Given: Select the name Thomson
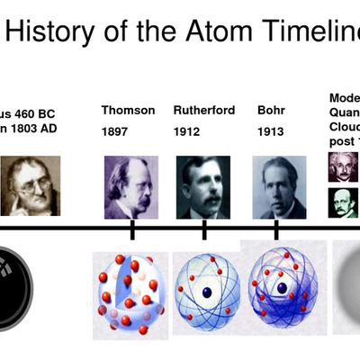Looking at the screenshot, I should [128, 111].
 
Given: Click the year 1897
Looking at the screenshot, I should [117, 131].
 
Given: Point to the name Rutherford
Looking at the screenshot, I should [204, 111].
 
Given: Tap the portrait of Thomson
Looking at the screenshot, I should [130, 187].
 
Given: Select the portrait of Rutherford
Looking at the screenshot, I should [203, 187].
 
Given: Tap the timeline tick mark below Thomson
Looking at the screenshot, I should [132, 229].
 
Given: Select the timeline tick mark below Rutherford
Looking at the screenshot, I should [204, 229].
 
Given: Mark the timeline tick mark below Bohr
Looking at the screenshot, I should [276, 229].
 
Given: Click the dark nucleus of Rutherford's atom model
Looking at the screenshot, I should [206, 292].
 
